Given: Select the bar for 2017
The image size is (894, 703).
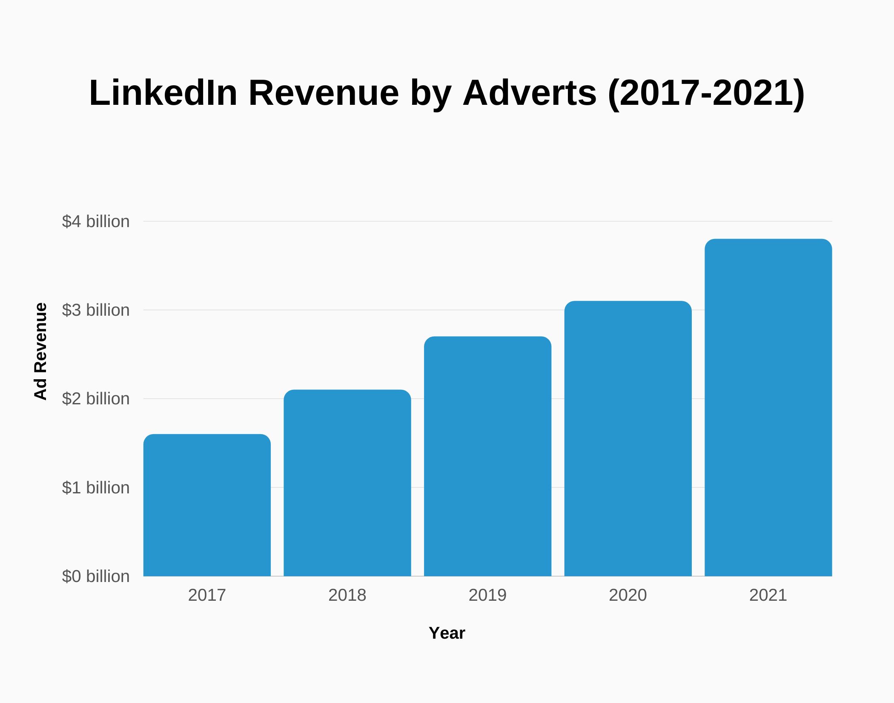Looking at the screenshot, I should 207,505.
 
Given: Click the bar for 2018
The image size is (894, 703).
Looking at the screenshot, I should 347,483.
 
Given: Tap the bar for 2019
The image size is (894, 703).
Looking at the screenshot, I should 487,456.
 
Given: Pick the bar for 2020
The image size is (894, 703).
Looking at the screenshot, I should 628,438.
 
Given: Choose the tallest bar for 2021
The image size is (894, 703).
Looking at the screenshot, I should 768,407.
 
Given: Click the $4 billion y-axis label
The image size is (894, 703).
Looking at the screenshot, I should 96,222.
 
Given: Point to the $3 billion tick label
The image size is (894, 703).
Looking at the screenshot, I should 96,310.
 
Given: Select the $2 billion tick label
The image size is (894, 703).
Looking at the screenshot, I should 96,399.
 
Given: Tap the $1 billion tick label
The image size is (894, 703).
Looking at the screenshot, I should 96,487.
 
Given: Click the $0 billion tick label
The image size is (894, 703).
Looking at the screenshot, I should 96,576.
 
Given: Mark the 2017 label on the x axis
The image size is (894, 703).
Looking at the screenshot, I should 207,595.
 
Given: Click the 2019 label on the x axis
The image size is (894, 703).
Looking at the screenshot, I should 487,595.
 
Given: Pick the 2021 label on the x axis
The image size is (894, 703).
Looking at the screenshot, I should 768,595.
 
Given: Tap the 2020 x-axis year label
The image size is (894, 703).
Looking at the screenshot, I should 628,595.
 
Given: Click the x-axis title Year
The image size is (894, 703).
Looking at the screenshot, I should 447,633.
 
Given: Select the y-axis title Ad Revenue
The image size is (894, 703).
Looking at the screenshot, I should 40,351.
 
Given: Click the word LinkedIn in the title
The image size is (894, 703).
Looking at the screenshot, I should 163,93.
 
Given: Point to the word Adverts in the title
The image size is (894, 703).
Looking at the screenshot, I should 530,93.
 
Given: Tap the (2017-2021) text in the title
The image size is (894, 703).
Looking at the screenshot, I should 706,93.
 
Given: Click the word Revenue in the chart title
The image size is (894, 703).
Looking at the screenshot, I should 324,93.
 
